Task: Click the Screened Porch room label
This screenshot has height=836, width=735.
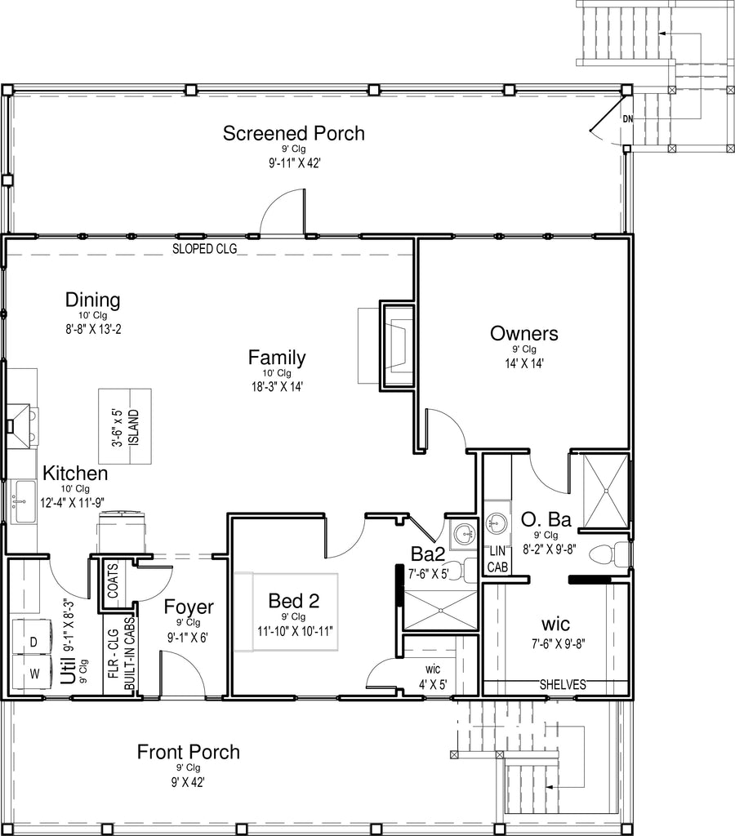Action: [x=294, y=133]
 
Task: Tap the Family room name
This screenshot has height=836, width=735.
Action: [x=277, y=358]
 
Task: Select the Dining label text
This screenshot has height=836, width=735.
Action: [x=93, y=300]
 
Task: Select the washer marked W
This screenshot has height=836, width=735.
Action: [x=32, y=673]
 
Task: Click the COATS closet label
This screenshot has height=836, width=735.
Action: [x=113, y=580]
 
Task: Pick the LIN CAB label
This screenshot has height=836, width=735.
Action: [x=497, y=558]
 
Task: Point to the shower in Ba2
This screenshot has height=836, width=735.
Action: [x=440, y=611]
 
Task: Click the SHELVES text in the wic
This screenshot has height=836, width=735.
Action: [x=563, y=685]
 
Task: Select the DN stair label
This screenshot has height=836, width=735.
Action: [x=628, y=119]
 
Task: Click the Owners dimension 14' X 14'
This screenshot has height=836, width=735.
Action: [x=525, y=363]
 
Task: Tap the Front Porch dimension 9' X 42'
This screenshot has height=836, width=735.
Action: [x=189, y=782]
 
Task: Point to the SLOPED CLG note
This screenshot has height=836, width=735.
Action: [x=204, y=248]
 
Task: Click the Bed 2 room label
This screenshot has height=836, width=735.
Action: [x=294, y=601]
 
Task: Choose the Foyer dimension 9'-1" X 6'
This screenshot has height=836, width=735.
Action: [x=187, y=638]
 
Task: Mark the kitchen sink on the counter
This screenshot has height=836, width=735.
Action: [x=23, y=501]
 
